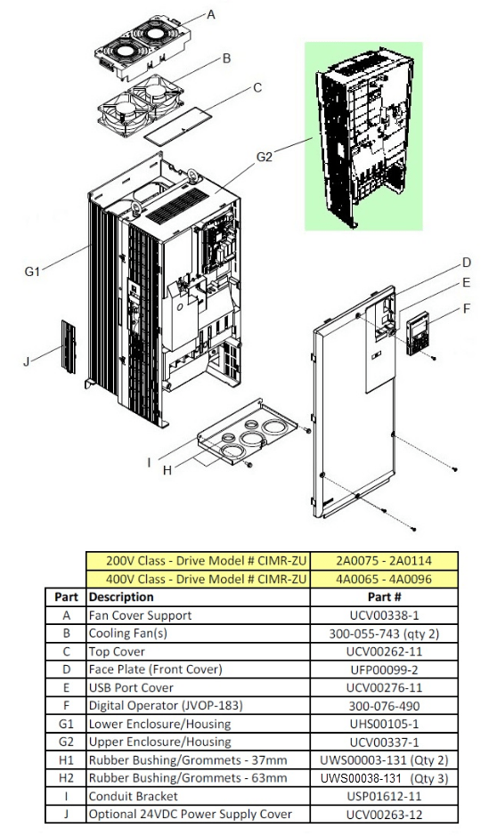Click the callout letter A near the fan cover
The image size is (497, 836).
(x=211, y=14)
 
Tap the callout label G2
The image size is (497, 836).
(x=265, y=157)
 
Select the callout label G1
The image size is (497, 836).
(x=33, y=272)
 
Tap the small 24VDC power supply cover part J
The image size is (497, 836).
(x=69, y=345)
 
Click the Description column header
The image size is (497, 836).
(x=121, y=597)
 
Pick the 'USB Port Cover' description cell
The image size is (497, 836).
(x=130, y=687)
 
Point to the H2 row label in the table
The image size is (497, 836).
(x=66, y=777)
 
